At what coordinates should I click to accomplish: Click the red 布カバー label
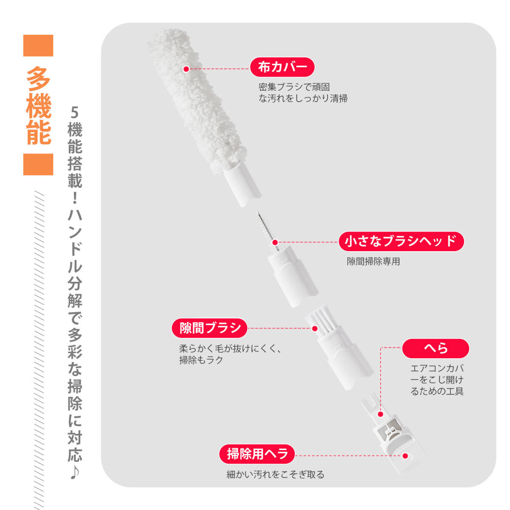[x=282, y=67]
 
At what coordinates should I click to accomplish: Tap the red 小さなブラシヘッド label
[x=401, y=241]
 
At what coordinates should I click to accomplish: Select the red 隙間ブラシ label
[x=210, y=328]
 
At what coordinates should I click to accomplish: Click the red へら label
[x=436, y=348]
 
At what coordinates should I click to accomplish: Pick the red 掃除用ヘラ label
[x=257, y=454]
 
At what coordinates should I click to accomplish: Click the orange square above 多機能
[x=38, y=45]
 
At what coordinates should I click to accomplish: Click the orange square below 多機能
[x=38, y=164]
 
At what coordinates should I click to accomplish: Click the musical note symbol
[x=75, y=472]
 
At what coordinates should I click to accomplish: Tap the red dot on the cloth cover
[x=186, y=69]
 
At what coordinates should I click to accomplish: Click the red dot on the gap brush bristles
[x=315, y=329]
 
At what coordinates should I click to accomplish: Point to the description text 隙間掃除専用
[x=373, y=261]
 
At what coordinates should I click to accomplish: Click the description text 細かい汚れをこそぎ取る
[x=275, y=474]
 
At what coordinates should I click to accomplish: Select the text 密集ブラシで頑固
[x=294, y=87]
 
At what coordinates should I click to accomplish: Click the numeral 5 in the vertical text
[x=75, y=113]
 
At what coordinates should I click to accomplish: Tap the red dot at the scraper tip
[x=405, y=456]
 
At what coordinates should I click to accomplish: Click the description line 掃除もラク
[x=201, y=360]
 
